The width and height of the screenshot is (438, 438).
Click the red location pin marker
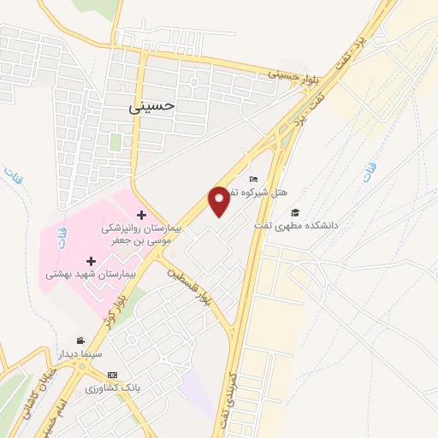pyautogui.click(x=220, y=201)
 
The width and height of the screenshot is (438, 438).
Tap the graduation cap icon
pyautogui.click(x=295, y=212)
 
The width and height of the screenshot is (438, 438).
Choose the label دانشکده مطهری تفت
pyautogui.click(x=296, y=225)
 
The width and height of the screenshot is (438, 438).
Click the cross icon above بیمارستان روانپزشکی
pyautogui.click(x=141, y=214)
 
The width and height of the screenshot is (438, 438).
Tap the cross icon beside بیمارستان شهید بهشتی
pyautogui.click(x=91, y=260)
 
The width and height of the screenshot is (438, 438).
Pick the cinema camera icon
pyautogui.click(x=81, y=340)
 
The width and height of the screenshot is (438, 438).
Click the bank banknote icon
pyautogui.click(x=112, y=375)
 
